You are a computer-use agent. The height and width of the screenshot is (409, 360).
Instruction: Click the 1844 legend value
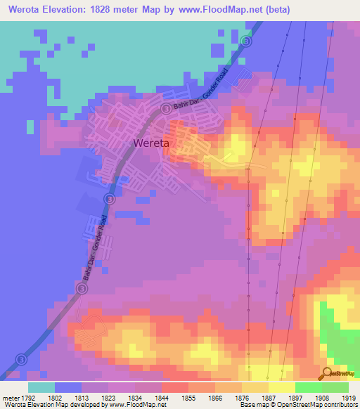(162, 397)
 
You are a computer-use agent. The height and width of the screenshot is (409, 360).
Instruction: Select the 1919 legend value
(349, 397)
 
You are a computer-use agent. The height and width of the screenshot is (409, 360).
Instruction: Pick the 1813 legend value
(82, 397)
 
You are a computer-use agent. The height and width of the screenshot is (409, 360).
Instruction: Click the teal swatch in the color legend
(41, 387)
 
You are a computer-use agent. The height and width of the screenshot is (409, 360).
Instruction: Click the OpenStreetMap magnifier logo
(328, 372)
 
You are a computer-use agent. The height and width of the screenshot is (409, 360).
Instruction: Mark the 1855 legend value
(188, 397)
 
